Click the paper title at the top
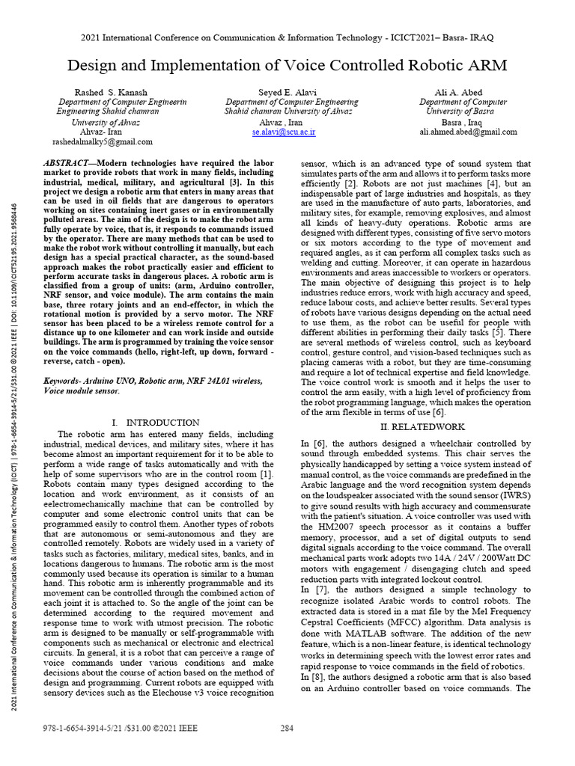(x=287, y=66)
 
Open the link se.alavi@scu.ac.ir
(x=284, y=132)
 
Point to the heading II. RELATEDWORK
(x=415, y=426)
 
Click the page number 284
(x=287, y=728)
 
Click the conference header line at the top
(x=287, y=37)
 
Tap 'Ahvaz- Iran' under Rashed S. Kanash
(x=100, y=132)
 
